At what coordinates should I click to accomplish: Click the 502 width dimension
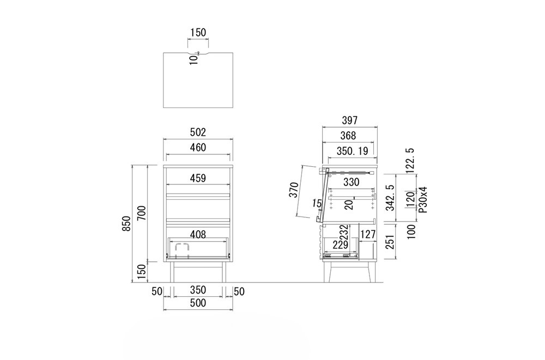click(198, 132)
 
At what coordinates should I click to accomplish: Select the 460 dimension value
click(198, 147)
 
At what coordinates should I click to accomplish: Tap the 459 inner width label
click(198, 178)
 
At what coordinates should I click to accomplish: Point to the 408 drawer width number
click(198, 235)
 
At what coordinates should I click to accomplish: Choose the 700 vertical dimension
click(142, 213)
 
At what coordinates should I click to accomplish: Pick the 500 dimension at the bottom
click(198, 303)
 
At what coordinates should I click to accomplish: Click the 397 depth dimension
click(349, 121)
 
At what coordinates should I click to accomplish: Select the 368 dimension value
click(348, 136)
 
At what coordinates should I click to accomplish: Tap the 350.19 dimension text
click(352, 151)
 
